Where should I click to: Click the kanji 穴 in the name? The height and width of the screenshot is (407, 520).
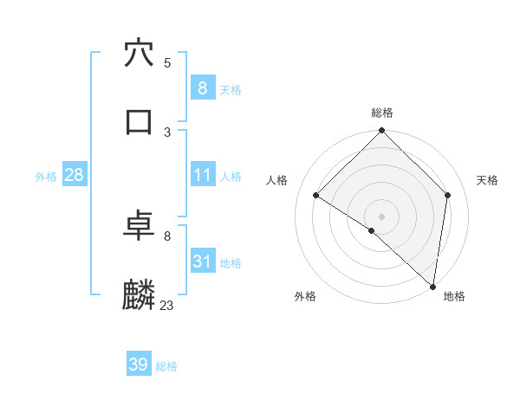pos(140,54)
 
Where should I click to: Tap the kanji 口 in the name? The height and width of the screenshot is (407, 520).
pos(140,121)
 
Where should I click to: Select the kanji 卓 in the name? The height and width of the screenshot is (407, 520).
pos(140,227)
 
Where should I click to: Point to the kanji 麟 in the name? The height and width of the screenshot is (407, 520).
pos(140,295)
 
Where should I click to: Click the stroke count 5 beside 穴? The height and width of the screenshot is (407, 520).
pos(167,63)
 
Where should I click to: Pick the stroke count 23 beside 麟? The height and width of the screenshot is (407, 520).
pos(167,305)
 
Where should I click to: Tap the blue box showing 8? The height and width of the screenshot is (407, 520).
pos(202,87)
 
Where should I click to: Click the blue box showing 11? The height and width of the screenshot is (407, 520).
pos(202,175)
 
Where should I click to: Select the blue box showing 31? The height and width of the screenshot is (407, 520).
pos(202,262)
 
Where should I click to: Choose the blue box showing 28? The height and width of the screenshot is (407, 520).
pos(75,175)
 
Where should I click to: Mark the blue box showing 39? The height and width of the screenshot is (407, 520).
pos(139,365)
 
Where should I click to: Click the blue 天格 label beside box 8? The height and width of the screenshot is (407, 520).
pos(231,89)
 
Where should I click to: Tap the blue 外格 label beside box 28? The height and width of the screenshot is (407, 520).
pos(46,177)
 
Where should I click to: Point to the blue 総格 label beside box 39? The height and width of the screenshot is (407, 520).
pos(166,366)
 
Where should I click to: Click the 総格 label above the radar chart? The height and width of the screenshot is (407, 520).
pos(382,113)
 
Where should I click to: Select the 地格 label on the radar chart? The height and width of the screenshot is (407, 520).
pos(454,297)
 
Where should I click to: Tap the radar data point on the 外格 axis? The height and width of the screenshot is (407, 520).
pos(372,230)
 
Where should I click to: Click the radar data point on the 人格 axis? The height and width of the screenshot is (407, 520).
pos(316,196)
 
